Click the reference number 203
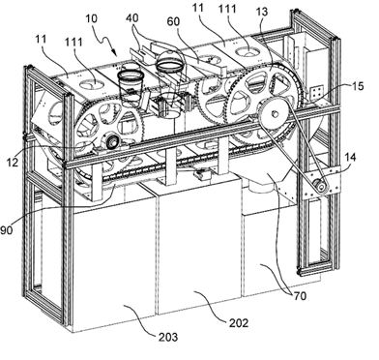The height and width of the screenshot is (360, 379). (x=168, y=337)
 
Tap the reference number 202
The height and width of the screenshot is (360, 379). (x=239, y=322)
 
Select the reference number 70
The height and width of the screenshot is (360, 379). (x=300, y=296)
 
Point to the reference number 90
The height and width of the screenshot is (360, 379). (x=7, y=230)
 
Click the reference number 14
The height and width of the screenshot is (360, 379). (x=350, y=158)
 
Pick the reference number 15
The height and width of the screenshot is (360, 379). (x=358, y=86)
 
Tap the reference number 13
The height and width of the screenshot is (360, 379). (x=262, y=12)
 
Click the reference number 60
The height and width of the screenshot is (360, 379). (x=173, y=21)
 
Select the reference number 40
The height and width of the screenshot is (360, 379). (x=132, y=18)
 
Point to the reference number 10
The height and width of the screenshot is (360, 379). (x=91, y=18)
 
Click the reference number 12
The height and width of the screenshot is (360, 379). (x=13, y=162)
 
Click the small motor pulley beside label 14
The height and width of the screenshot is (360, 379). (x=321, y=186)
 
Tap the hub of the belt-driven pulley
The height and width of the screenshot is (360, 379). (x=275, y=113)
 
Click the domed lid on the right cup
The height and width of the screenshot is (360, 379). (x=168, y=60)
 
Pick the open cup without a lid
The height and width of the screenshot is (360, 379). (x=131, y=88)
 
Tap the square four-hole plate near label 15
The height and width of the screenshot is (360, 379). (x=316, y=92)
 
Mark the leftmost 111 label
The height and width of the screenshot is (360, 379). (x=73, y=43)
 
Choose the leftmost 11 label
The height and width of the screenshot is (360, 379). (x=42, y=40)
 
